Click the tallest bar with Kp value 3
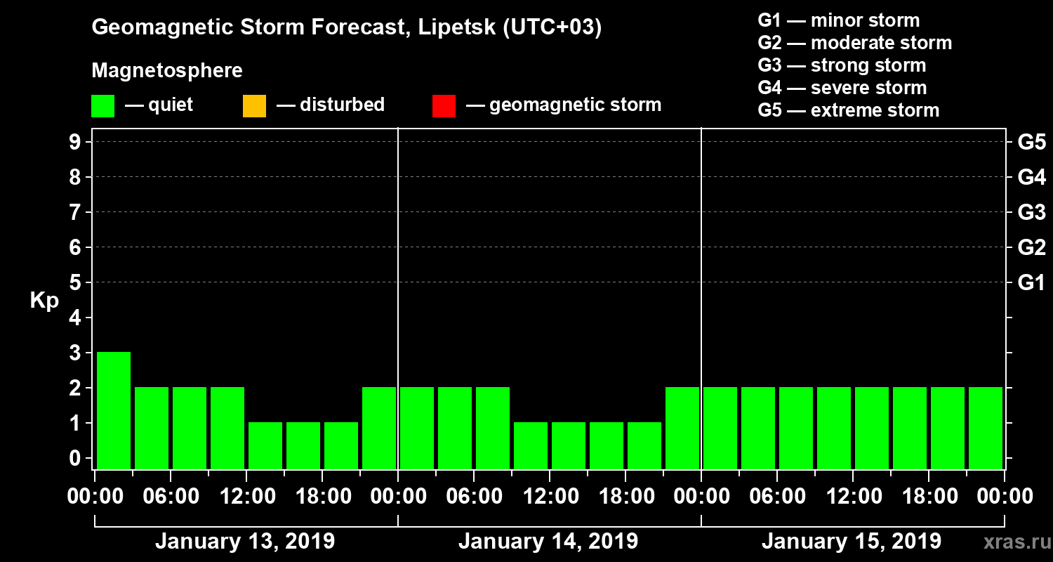pos(114,410)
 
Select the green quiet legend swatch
pos(102,106)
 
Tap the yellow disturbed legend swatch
pos(254,106)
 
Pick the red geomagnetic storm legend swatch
pos(444,106)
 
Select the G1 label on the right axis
pos(1031,283)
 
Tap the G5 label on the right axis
pos(1031,143)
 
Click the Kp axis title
pos(44,301)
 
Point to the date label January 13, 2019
pos(245,542)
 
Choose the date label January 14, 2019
pos(548,542)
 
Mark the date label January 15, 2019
pos(852,542)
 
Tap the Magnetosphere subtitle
pos(167,71)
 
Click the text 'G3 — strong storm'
pos(842,65)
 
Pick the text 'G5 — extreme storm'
pos(848,110)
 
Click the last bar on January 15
pos(986,427)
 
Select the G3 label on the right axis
pos(1031,213)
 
